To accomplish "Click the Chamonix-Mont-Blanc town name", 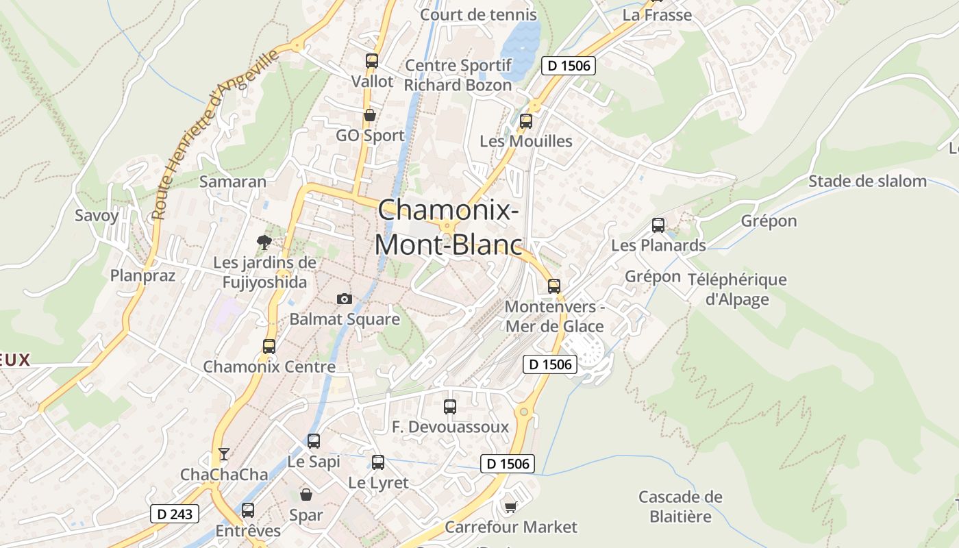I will pos(447,227).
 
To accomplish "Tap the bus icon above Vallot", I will pos(372,61).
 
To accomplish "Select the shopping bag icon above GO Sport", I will pos(370,115).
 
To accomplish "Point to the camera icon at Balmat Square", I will pos(345,299).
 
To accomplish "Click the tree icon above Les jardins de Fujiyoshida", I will pos(264,241).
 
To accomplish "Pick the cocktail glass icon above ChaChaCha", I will pos(223,453).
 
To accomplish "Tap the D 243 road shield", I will pos(174,514).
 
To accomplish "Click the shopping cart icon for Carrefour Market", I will pos(510,506).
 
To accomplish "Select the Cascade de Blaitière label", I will pos(680,506).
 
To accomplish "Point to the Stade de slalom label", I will pos(867,182).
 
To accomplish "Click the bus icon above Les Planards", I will pos(658,225).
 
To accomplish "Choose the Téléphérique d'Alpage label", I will pos(737,289).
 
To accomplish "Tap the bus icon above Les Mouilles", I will pos(526,121).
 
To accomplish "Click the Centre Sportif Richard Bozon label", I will pos(458,75).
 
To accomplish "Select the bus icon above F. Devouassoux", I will pos(450,406).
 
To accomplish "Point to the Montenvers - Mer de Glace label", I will pos(555,316).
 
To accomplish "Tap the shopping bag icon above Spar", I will pos(306,494).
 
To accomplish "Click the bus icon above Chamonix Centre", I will pos(269,347).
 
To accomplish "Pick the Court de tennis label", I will pos(478,14).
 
